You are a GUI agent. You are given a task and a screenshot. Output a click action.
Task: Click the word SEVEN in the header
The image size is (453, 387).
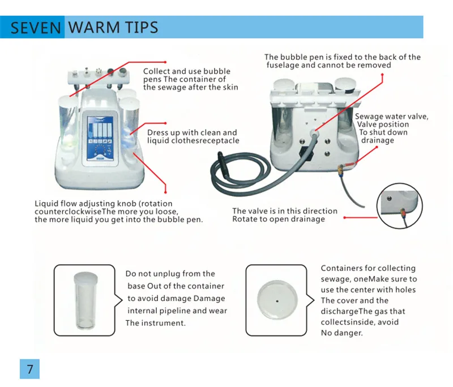(36, 28)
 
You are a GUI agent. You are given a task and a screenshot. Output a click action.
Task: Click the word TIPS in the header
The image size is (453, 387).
(142, 27)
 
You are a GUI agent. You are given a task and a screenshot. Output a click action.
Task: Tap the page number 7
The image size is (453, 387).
(30, 369)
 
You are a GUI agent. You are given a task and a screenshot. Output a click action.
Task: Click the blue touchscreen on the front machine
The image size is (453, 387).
(100, 139)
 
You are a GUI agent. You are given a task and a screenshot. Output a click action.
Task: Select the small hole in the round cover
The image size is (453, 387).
(277, 302)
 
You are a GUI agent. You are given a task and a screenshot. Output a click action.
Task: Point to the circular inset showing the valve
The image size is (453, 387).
(400, 206)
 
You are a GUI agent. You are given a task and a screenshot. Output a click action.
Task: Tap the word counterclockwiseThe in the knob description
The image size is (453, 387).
(68, 212)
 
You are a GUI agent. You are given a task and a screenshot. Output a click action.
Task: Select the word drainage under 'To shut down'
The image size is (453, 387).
(378, 140)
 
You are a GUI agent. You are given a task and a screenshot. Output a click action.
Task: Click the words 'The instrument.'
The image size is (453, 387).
(155, 323)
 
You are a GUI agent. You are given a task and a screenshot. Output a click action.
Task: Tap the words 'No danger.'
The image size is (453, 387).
(342, 333)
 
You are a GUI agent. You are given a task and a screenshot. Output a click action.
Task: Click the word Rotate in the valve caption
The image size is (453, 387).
(244, 219)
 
